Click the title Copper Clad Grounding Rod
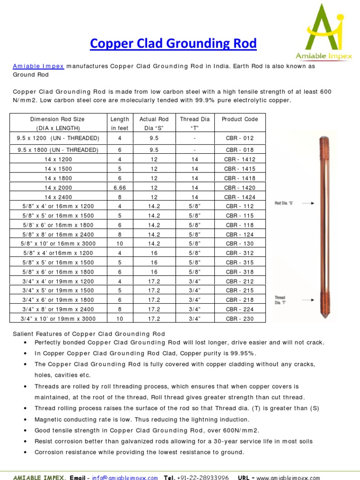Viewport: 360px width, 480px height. [x=173, y=44]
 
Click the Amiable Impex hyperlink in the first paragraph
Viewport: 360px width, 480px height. [x=38, y=66]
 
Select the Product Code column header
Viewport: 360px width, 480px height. [x=240, y=119]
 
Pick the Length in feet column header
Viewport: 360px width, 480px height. [x=120, y=123]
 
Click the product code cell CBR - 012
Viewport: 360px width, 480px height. [x=240, y=138]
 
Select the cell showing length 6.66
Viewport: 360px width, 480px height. [x=120, y=187]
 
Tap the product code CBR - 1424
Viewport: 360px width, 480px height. [x=240, y=197]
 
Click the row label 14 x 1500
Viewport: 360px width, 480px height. [x=59, y=169]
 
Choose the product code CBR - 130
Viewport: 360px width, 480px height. [x=240, y=244]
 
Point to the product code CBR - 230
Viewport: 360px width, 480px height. [x=240, y=319]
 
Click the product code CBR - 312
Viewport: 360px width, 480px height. [x=240, y=253]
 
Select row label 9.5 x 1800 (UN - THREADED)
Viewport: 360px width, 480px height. [x=59, y=150]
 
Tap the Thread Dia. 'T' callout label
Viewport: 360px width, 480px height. [x=280, y=300]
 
